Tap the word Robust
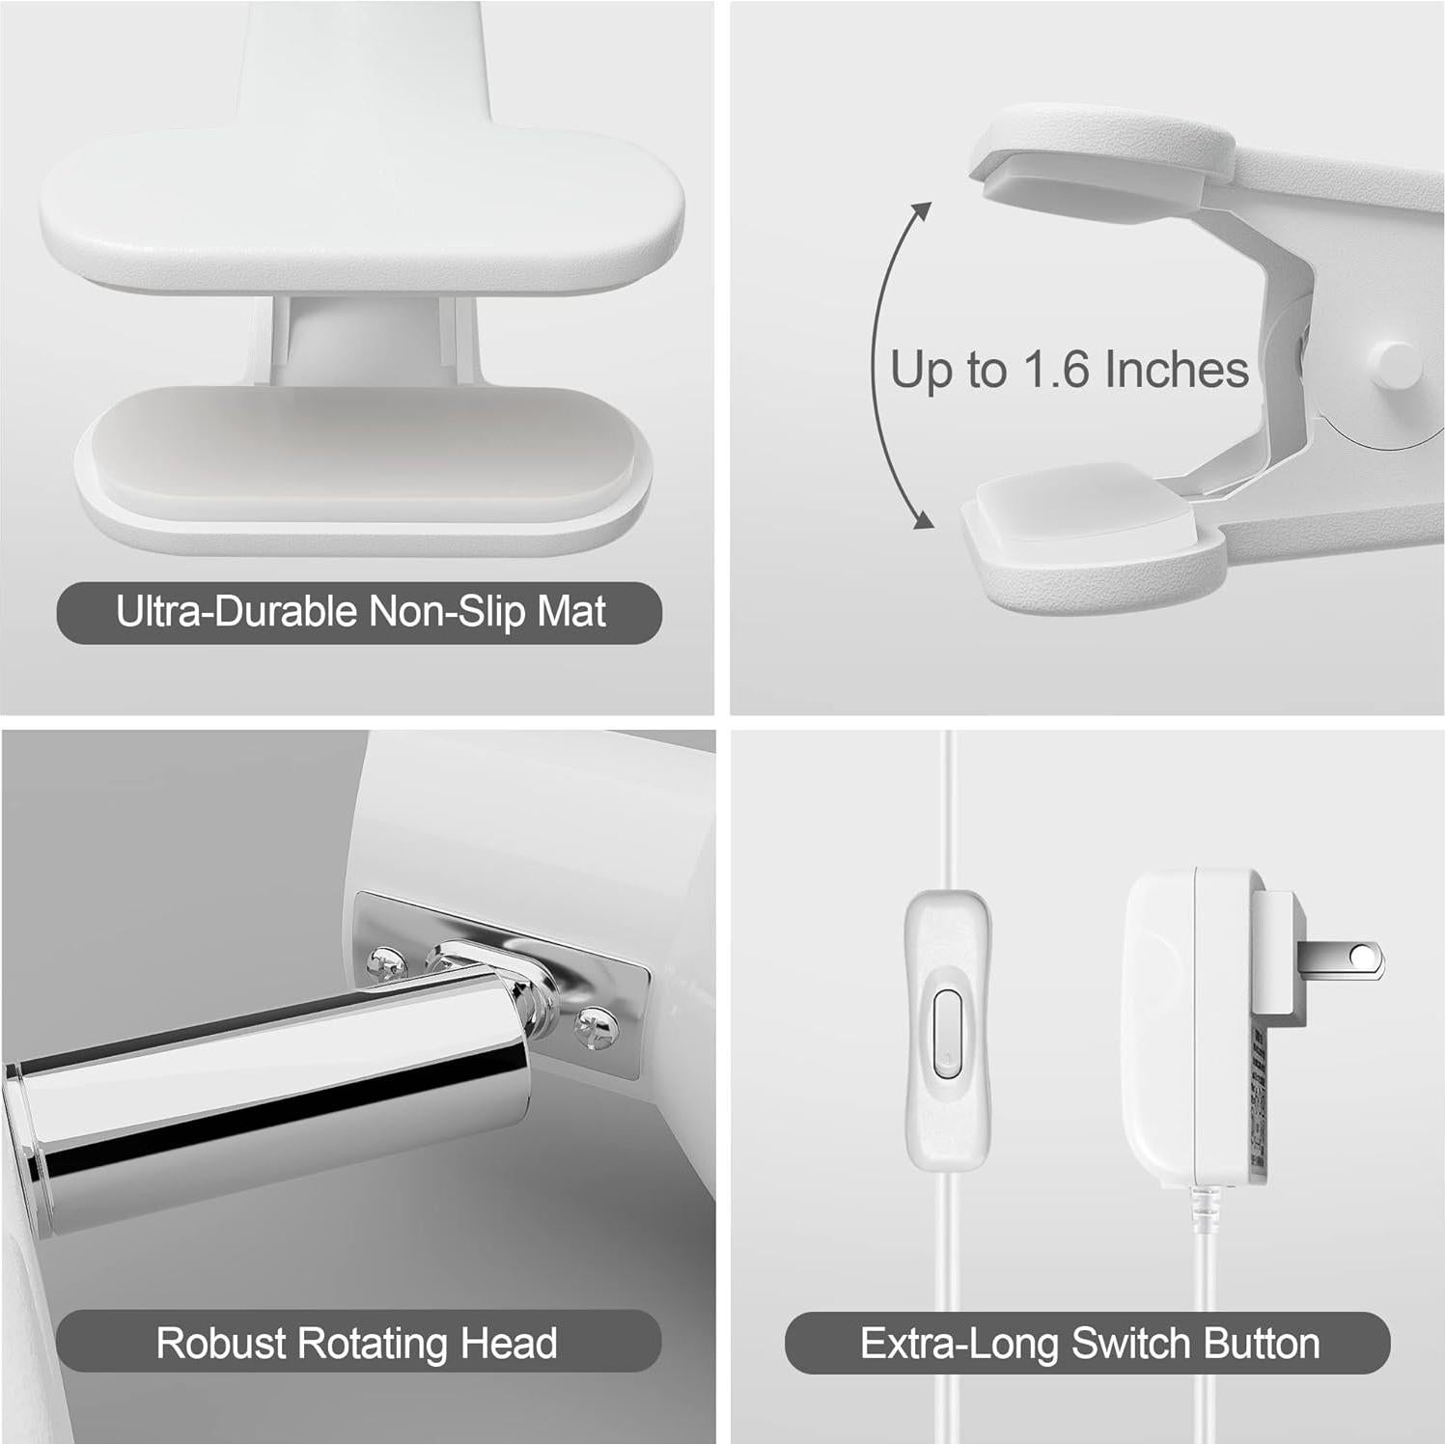221,1343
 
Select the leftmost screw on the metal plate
386,962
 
